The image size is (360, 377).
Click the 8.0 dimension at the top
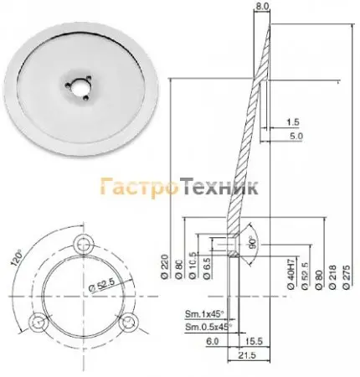coord(263,6)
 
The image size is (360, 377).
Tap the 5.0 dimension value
coord(296,137)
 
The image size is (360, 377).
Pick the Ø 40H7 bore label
coord(291,276)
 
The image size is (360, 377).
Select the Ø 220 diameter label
coord(165,266)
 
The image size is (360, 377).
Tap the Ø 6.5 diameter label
coord(207,268)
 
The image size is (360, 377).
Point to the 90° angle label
coord(253,244)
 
